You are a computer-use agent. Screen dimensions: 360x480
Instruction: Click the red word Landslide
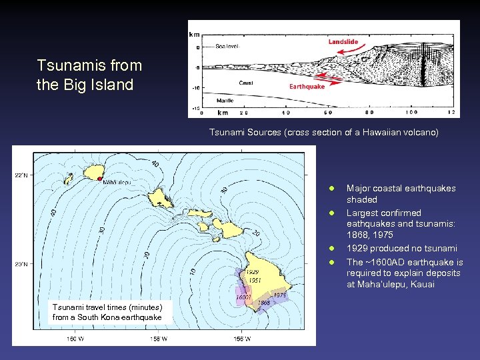[x=343, y=42]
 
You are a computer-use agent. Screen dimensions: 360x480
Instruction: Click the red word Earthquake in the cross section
[x=307, y=87]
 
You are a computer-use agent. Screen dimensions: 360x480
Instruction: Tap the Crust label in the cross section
[x=245, y=83]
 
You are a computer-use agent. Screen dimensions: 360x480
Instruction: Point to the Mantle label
[x=225, y=101]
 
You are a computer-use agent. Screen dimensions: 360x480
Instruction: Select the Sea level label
[x=227, y=47]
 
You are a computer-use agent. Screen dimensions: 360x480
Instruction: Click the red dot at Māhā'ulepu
[x=99, y=179]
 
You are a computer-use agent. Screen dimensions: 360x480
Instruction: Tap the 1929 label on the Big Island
[x=252, y=272]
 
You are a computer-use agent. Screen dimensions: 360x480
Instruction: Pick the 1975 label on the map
[x=279, y=295]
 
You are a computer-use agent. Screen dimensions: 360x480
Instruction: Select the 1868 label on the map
[x=265, y=303]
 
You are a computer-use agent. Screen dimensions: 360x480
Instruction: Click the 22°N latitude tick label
[x=21, y=175]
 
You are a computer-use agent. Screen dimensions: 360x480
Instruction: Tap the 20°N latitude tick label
[x=21, y=264]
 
